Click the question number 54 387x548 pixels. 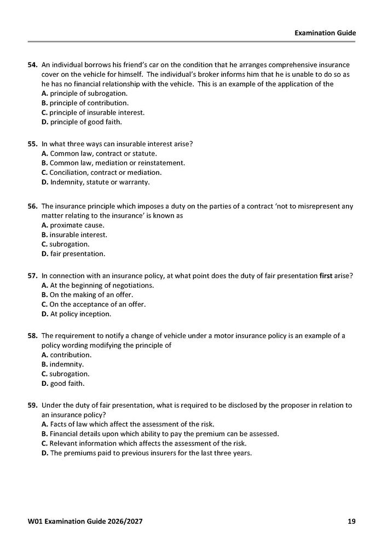pos(33,65)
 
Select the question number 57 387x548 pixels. pos(33,276)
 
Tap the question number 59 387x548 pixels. pos(33,405)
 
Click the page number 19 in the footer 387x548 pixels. pos(351,521)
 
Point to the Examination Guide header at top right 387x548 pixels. pos(325,33)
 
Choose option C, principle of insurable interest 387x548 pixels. pos(93,112)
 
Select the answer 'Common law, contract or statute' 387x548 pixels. pos(99,153)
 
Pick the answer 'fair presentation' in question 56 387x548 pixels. pos(74,254)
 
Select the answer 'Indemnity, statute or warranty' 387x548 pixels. pos(95,181)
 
